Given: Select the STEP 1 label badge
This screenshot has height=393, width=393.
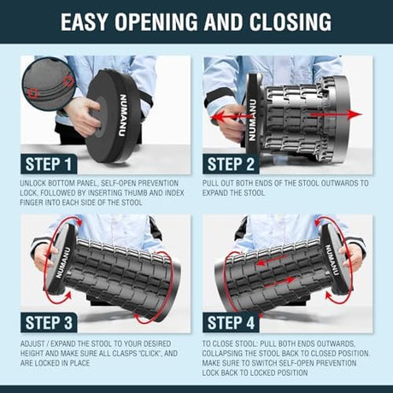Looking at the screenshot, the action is point(49,164).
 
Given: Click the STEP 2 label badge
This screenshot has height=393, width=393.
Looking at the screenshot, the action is point(231,164).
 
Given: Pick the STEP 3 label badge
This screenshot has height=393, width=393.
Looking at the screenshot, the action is point(49,322).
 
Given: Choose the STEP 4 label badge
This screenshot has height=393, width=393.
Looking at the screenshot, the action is point(231,322).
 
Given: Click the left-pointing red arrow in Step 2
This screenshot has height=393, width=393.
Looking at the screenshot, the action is point(232,117).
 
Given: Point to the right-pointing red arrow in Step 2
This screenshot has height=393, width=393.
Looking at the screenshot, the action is point(336,114).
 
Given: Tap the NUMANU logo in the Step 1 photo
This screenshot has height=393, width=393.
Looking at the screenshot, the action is point(123,115).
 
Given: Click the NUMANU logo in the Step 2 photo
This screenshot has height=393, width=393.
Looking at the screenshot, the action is point(252,120).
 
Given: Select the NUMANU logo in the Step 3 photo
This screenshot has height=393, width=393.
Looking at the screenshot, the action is point(62,262).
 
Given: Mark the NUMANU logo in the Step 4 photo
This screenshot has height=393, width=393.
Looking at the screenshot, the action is point(331,260).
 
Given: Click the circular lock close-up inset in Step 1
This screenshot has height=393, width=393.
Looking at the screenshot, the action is point(49,84).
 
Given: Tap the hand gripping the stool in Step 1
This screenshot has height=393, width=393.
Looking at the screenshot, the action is point(83,115).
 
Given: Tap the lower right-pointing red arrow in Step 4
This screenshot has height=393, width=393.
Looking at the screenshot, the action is point(279,281).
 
